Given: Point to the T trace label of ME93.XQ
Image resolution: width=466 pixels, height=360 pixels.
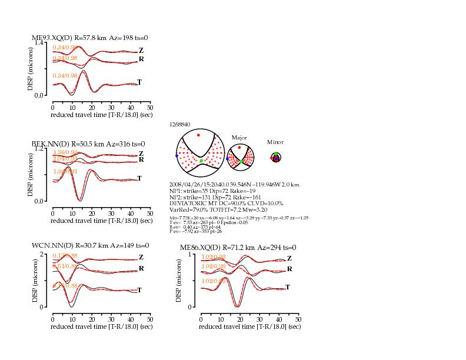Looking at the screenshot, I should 139,82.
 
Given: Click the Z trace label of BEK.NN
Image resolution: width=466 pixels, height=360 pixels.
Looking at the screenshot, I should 141,154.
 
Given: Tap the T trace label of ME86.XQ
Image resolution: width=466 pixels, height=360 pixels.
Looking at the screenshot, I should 288,287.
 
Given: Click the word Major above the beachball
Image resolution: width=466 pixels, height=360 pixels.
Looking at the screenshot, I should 239,137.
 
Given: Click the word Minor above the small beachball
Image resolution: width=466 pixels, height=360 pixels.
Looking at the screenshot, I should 275,142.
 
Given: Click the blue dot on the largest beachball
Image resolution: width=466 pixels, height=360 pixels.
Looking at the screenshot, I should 177,155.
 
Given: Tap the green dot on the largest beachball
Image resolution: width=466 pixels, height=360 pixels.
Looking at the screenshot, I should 201,161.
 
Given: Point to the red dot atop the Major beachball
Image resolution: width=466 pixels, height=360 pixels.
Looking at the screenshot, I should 239,147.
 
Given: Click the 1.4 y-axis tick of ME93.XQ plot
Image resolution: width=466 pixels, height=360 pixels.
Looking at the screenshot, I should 39,42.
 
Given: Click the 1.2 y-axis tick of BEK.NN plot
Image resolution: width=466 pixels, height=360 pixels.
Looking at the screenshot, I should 39,149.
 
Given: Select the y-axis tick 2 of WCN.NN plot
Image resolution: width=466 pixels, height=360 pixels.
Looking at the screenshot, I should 42,254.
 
